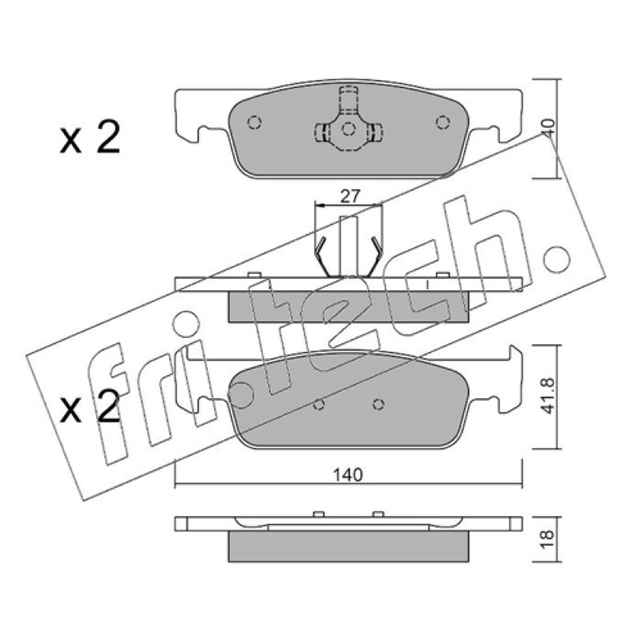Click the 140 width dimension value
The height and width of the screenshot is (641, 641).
348,475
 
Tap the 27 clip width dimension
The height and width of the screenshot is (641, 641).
350,196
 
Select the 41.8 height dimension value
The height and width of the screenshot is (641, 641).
548,396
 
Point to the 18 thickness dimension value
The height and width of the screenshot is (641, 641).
548,538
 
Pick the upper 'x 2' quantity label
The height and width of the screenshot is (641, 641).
91,137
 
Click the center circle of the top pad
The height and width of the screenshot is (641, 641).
349,129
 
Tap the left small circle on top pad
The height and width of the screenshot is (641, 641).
255,123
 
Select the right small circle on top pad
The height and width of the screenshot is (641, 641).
443,123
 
